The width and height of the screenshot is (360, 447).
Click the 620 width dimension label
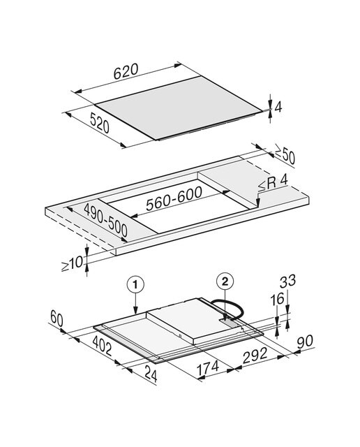coord(126,71)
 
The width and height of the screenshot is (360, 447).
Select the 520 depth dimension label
coord(99,123)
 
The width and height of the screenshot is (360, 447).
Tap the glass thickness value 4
coord(278,107)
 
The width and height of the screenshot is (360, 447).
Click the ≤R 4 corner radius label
coord(273,183)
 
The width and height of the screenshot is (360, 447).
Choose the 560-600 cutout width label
coord(174,198)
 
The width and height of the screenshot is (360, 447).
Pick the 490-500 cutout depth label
coord(105,221)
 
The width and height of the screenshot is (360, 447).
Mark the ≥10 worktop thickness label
coord(73,263)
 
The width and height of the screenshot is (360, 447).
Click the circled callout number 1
coord(135,284)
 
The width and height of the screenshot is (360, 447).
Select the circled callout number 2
coord(225,281)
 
